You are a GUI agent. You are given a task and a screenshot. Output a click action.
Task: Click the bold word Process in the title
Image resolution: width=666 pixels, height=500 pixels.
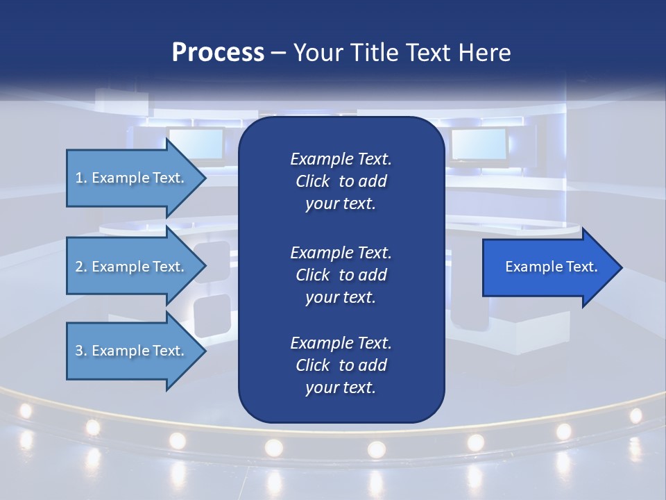click(x=218, y=53)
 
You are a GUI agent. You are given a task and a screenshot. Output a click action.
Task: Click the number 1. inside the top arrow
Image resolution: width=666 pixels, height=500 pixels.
click(x=81, y=178)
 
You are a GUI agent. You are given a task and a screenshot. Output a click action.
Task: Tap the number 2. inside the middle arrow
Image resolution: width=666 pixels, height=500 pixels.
click(x=81, y=267)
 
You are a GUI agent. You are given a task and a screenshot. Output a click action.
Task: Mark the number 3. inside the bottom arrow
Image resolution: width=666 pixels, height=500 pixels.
click(x=81, y=351)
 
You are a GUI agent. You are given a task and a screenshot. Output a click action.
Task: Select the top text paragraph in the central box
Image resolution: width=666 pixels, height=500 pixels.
click(x=341, y=181)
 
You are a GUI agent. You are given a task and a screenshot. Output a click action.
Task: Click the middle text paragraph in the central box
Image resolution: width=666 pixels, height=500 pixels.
click(x=341, y=275)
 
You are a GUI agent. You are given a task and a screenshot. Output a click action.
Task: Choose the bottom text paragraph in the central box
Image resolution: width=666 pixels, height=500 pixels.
click(x=341, y=365)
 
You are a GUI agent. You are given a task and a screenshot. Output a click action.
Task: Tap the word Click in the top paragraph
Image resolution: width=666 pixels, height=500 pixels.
click(x=313, y=181)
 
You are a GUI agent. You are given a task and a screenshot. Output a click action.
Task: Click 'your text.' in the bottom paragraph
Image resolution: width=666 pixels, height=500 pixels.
click(x=341, y=388)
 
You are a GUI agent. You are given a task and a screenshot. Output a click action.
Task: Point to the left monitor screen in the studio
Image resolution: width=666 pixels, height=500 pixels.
click(x=195, y=144)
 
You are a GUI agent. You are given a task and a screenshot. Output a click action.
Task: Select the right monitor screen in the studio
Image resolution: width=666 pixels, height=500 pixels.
click(x=479, y=144)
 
